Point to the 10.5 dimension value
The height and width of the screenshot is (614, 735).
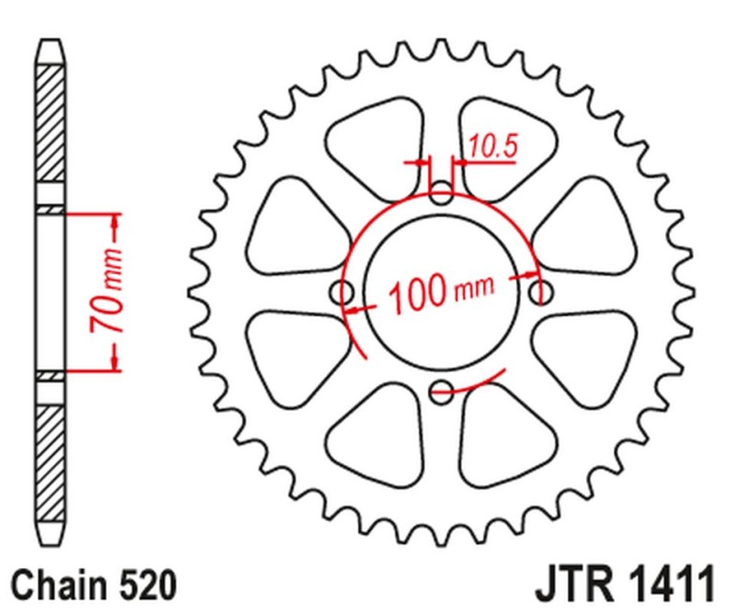pyautogui.click(x=492, y=145)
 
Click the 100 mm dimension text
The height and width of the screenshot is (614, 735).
pyautogui.click(x=439, y=296)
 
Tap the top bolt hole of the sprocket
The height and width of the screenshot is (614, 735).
pyautogui.click(x=442, y=195)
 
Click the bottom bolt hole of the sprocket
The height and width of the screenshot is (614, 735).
pyautogui.click(x=442, y=390)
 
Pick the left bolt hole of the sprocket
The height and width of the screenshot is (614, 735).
pyautogui.click(x=345, y=293)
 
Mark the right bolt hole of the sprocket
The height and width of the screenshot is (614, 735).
pyautogui.click(x=541, y=292)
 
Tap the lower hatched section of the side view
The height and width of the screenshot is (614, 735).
pyautogui.click(x=52, y=460)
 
